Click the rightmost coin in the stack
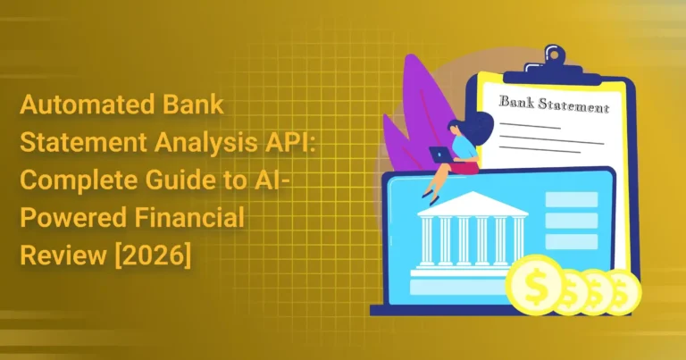[625, 291]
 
